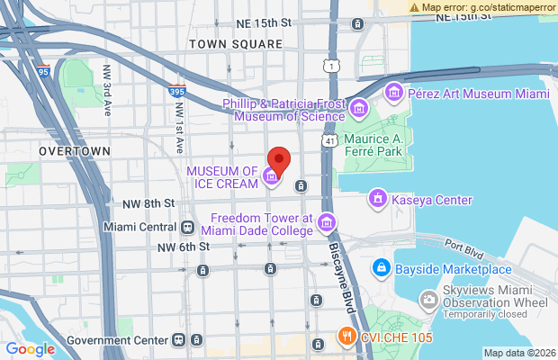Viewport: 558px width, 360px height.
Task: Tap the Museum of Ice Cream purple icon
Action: (271, 177)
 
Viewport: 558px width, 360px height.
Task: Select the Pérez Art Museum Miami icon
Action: (393, 93)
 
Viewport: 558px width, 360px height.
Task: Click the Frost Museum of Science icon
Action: (359, 109)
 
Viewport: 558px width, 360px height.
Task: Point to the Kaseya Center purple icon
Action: (378, 199)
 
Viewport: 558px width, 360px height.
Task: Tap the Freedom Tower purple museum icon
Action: (326, 222)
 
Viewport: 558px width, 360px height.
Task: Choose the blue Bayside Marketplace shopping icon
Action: (382, 267)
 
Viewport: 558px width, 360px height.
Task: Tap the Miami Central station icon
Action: (188, 227)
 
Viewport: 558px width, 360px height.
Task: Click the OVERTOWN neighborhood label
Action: (75, 152)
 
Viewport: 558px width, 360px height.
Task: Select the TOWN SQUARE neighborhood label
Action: (236, 43)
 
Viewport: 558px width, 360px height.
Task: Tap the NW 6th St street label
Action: (183, 247)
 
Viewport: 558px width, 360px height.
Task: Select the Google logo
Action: (30, 349)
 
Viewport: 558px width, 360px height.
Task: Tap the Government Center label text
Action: (117, 340)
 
